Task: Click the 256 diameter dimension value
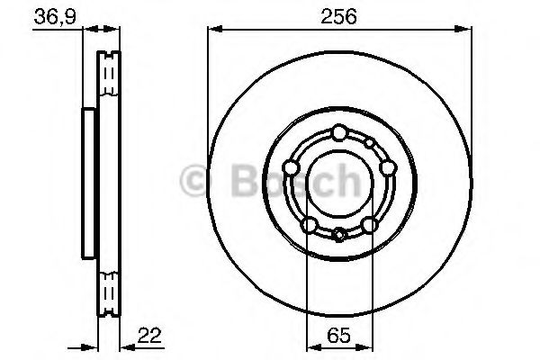[337, 15]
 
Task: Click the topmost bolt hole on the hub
[337, 133]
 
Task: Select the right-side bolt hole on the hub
[386, 167]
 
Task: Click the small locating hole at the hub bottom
[338, 236]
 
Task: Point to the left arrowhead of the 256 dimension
[211, 31]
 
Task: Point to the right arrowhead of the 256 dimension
[464, 31]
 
